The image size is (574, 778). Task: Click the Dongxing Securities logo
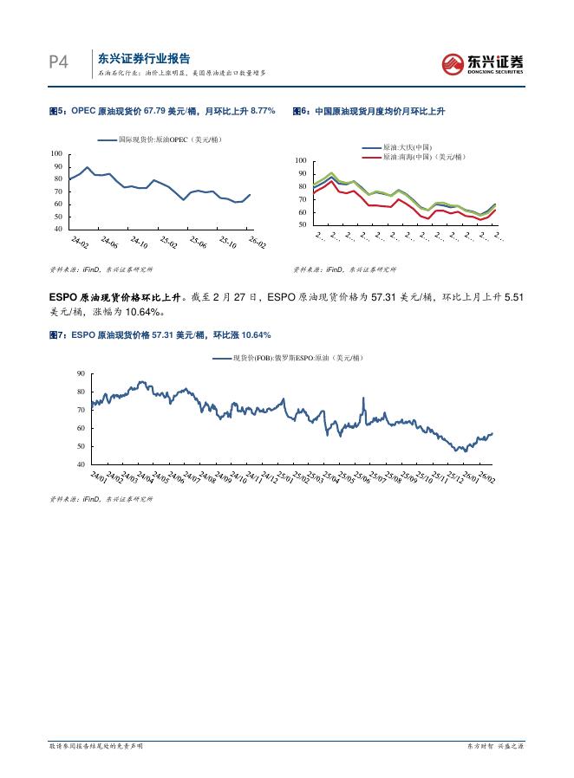tap(483, 63)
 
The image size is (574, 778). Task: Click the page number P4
tap(58, 62)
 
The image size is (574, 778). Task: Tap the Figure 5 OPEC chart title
tap(162, 111)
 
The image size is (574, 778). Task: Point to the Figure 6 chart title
tap(369, 111)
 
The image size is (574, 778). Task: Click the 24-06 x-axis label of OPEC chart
tap(109, 242)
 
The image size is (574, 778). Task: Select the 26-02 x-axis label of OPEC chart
tap(257, 242)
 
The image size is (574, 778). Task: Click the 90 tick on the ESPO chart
tap(81, 373)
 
